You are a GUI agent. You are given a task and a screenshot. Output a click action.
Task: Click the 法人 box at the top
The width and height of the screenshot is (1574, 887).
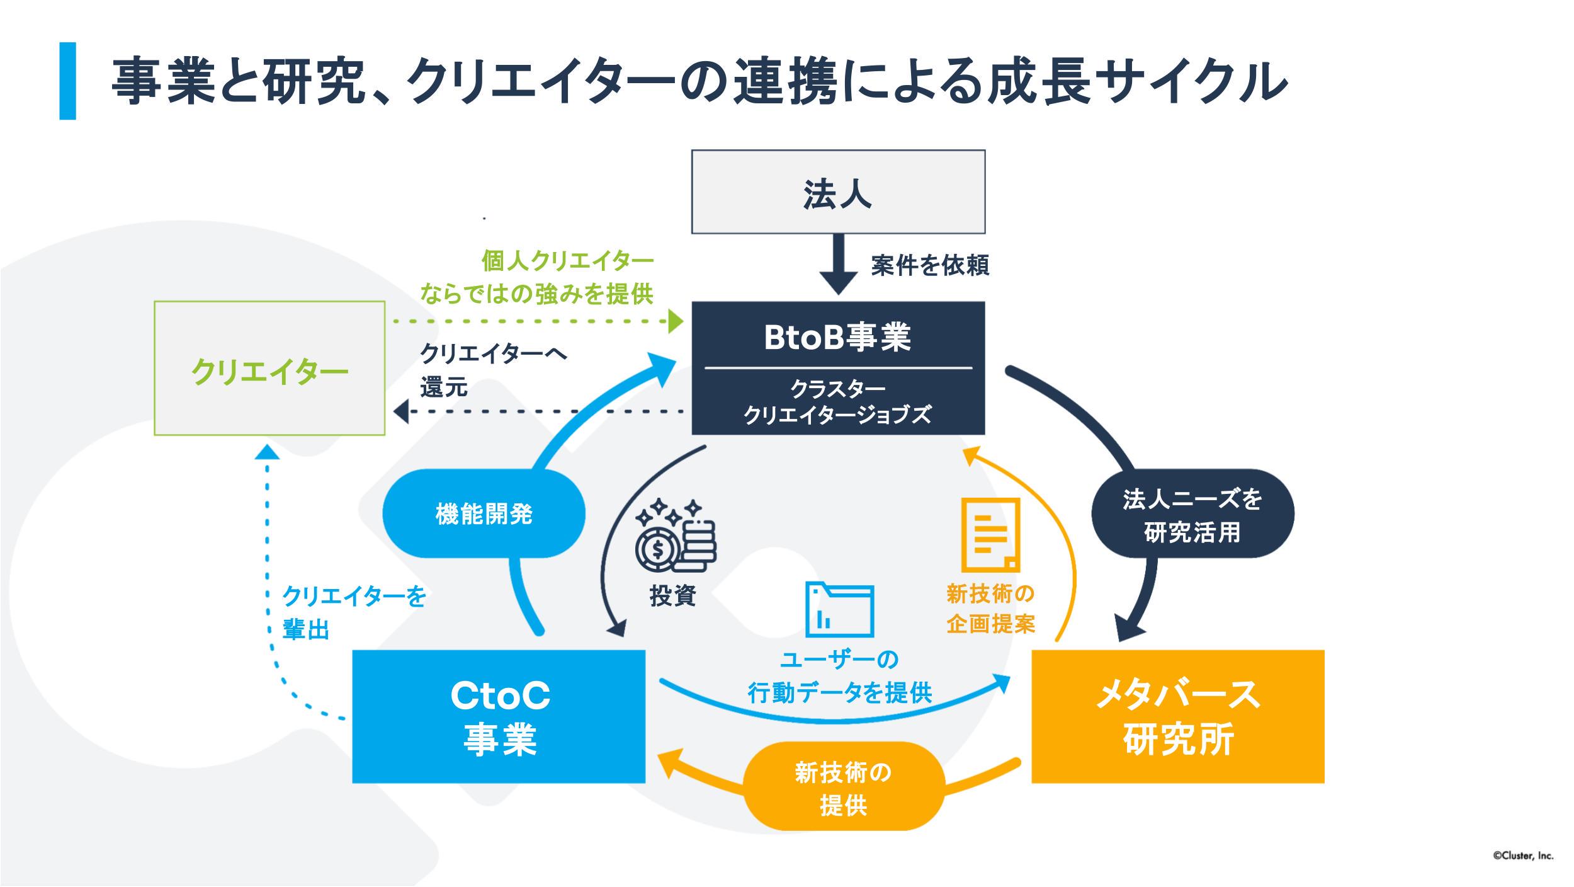(x=838, y=192)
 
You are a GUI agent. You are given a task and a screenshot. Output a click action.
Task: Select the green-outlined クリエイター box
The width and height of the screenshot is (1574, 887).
(x=269, y=369)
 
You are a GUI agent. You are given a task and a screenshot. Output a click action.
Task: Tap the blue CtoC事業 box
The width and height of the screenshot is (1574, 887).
(x=499, y=716)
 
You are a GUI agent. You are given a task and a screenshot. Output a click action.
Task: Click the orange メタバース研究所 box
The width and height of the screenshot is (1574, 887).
(x=1177, y=716)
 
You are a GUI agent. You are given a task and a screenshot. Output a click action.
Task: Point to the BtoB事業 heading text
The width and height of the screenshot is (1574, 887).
(x=837, y=337)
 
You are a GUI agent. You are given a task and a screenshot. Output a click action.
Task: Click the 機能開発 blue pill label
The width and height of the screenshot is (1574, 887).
(x=484, y=513)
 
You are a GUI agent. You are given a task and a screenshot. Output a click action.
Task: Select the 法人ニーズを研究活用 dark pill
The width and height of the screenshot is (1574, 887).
(x=1192, y=514)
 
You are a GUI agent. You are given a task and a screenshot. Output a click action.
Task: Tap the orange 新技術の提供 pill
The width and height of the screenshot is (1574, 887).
(x=844, y=788)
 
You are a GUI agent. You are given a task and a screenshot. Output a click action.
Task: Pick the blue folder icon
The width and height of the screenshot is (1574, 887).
(x=840, y=609)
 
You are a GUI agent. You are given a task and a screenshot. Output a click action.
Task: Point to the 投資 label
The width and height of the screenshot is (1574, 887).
(x=672, y=595)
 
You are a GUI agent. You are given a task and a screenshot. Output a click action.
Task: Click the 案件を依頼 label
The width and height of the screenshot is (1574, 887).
(x=930, y=265)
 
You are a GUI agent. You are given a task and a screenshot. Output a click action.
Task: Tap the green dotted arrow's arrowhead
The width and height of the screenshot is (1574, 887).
(x=676, y=322)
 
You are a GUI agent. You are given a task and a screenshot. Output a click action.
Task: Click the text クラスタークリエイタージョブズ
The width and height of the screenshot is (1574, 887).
(x=837, y=402)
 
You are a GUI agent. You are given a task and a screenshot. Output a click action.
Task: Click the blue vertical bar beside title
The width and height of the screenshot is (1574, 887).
(x=68, y=81)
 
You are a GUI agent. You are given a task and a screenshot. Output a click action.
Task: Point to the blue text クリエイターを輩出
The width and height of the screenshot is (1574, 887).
(x=353, y=612)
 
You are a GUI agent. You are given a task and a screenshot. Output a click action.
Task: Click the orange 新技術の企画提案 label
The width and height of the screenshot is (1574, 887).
(x=990, y=608)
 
